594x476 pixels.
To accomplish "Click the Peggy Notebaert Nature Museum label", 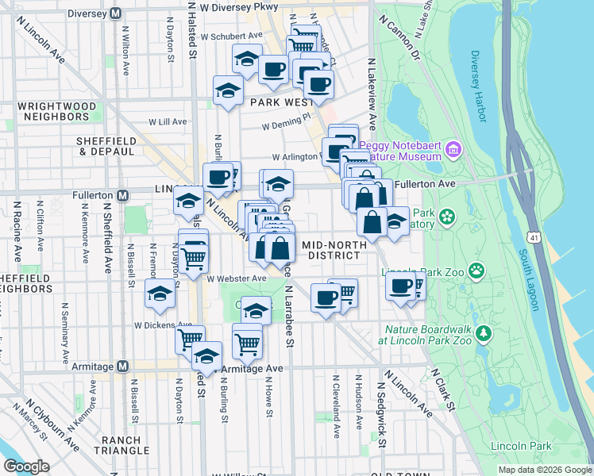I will coord(400,151).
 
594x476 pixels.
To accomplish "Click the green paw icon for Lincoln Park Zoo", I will coord(476,271).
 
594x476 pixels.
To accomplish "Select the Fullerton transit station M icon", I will coord(122,194).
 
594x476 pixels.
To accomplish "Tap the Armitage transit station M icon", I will coord(122,366).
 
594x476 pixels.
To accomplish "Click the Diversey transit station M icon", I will coord(118,13).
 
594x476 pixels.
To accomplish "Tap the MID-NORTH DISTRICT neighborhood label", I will coord(334,251).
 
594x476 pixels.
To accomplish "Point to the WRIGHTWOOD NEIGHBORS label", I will coord(57,111).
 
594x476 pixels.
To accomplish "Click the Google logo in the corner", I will coord(26,466).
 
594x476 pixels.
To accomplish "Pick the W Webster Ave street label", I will coord(237,278).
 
